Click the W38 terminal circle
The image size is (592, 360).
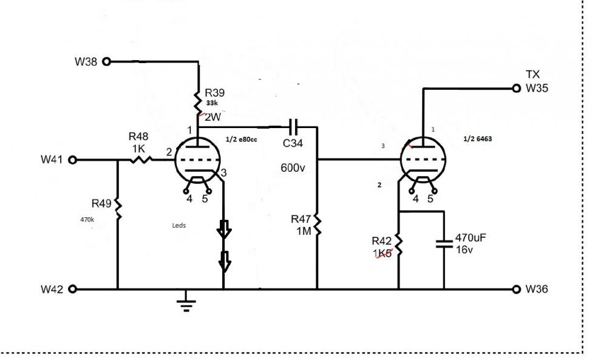tap(107, 61)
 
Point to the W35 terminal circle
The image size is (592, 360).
tap(517, 89)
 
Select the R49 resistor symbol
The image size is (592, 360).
tap(117, 209)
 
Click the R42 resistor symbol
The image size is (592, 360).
tap(398, 243)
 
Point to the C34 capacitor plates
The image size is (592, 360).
tap(294, 127)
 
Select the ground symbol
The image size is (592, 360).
tap(187, 303)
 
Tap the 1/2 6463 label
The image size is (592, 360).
tap(478, 139)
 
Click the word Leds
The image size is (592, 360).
tap(179, 225)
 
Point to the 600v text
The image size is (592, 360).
tap(293, 167)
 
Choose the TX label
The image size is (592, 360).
tap(532, 75)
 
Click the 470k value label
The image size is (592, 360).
tap(87, 220)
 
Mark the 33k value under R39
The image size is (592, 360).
tap(212, 104)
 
